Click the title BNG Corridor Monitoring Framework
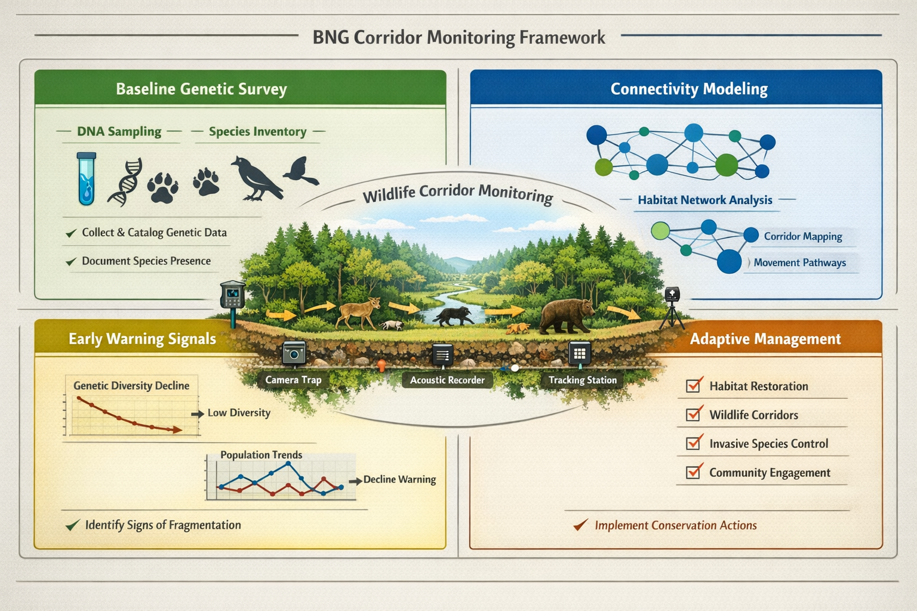click(x=458, y=38)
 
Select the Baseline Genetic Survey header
click(x=201, y=89)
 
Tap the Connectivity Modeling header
click(x=688, y=89)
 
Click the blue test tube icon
click(x=87, y=178)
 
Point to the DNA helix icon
click(x=126, y=182)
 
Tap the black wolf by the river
click(x=454, y=316)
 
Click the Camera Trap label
click(x=293, y=380)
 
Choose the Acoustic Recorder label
click(x=447, y=380)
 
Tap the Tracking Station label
click(x=582, y=380)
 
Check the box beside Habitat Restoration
click(x=693, y=385)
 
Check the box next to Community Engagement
click(x=693, y=472)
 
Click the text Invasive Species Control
click(x=768, y=444)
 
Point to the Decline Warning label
click(x=399, y=480)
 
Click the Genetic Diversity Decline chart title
click(x=131, y=386)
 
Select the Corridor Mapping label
click(x=803, y=237)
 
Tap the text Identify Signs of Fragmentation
click(x=163, y=525)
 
